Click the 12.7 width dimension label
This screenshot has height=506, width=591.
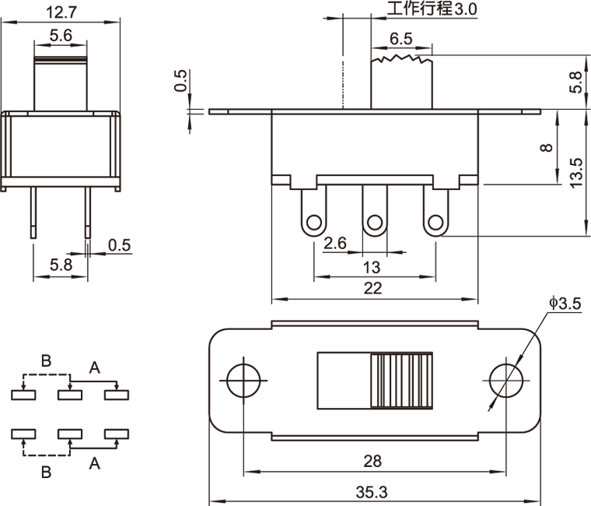click(61, 12)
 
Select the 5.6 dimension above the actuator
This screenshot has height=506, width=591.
click(61, 35)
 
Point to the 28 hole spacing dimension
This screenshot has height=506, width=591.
click(372, 461)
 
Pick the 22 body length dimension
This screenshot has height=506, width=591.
click(373, 288)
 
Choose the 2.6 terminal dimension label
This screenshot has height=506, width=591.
click(335, 244)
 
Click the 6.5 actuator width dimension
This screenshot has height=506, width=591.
click(401, 39)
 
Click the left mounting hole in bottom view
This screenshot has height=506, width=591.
click(243, 381)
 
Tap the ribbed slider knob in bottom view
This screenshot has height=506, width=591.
click(402, 381)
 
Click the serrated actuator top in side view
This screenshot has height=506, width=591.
click(401, 59)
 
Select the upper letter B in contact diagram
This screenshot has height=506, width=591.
click(46, 360)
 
